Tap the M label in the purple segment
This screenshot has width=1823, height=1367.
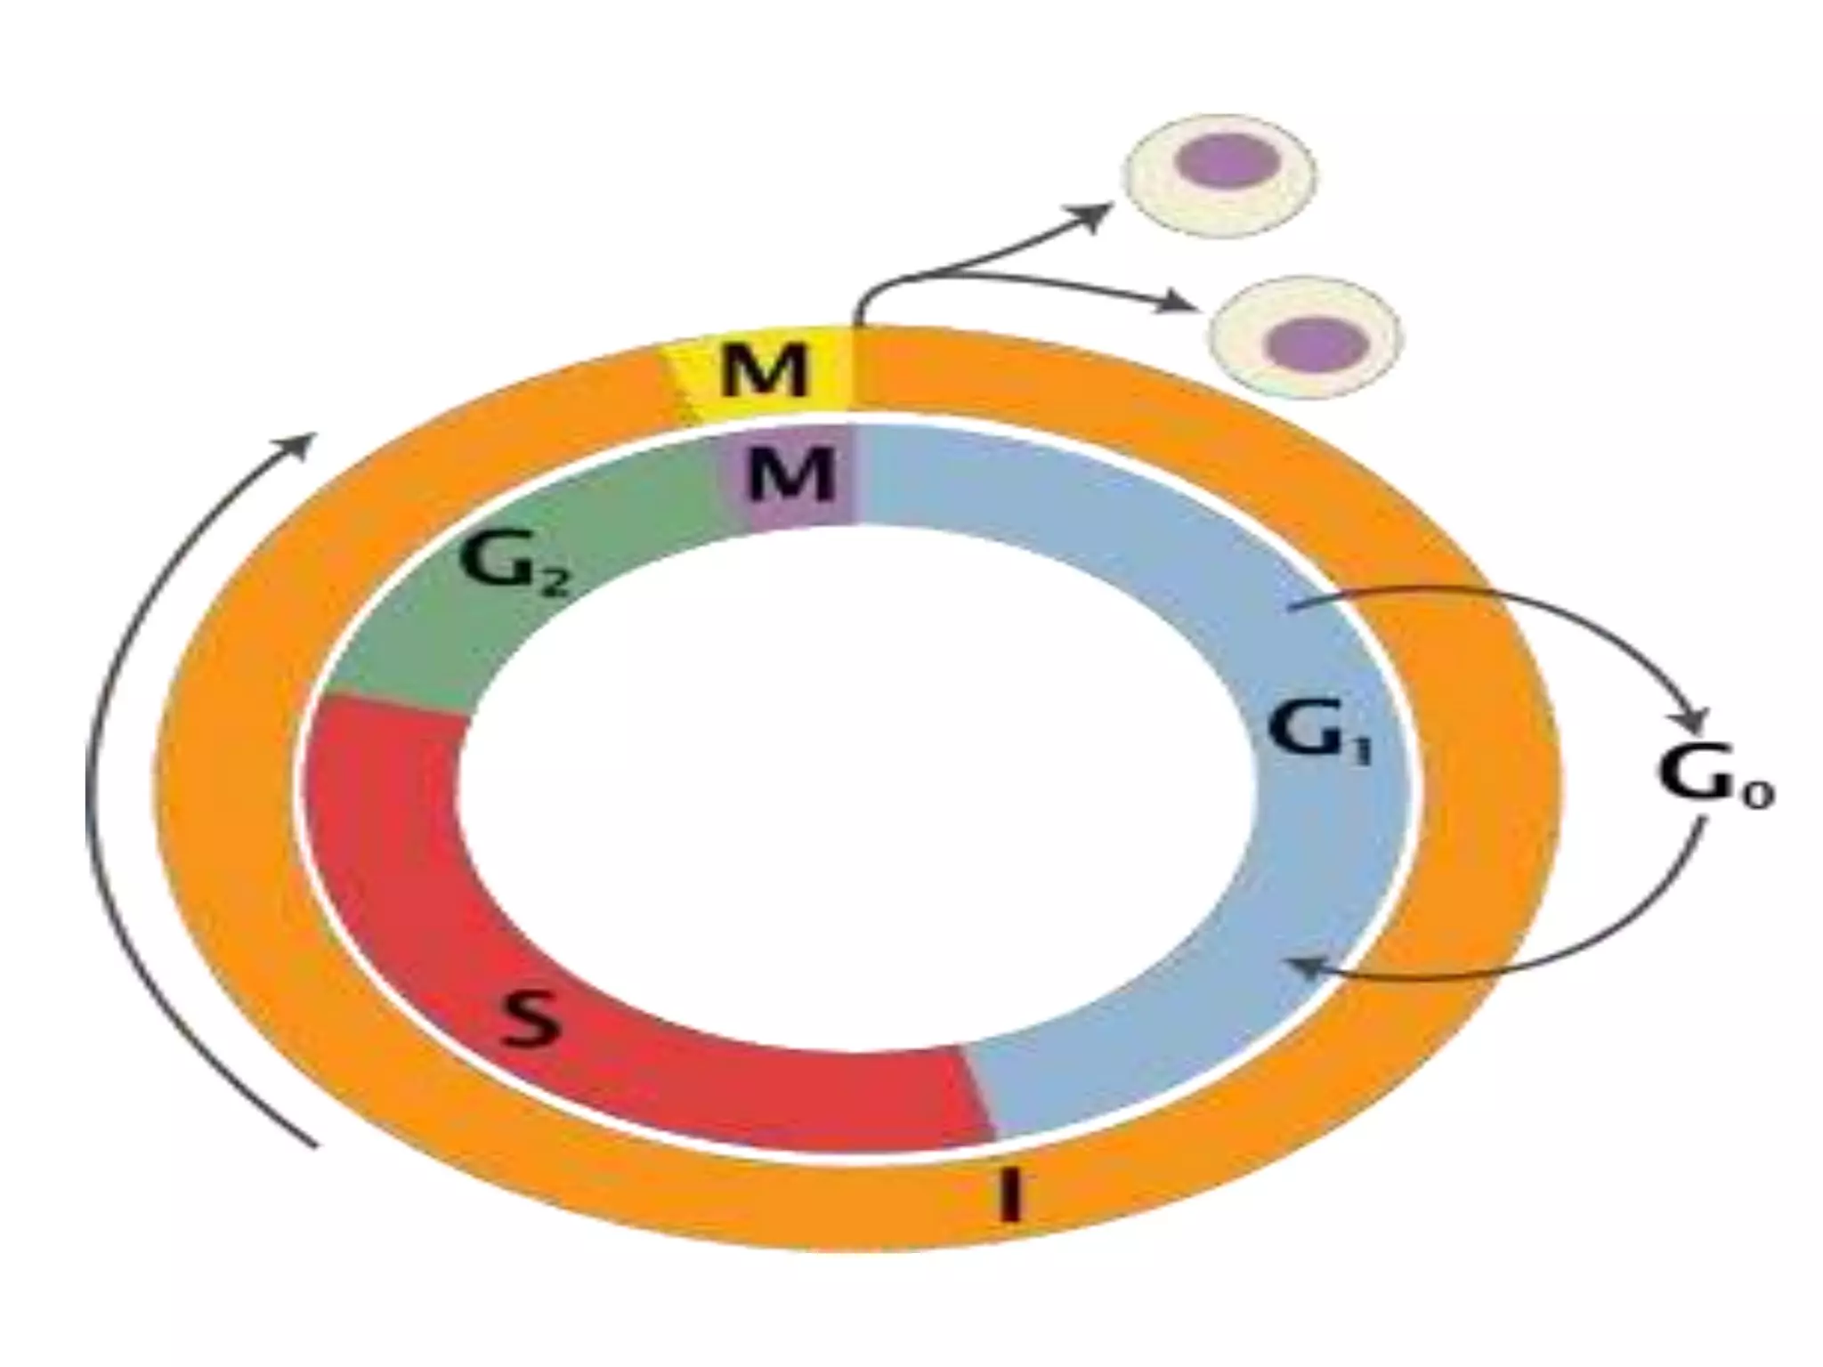pos(791,473)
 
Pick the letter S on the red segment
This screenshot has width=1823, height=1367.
pos(530,1019)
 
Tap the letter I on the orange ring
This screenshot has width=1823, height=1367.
pos(1009,1194)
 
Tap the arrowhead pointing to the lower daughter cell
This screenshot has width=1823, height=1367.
pos(1179,303)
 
